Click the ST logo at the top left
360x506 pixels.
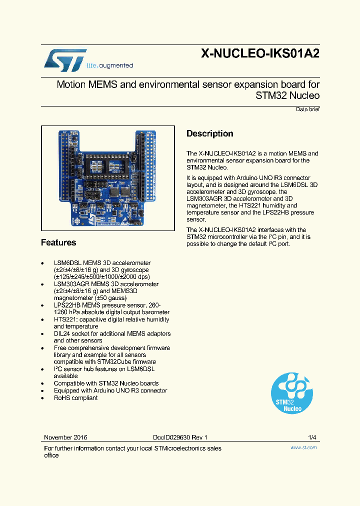coord(65,59)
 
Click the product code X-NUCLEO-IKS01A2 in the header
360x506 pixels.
coord(260,54)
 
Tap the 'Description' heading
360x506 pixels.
coord(209,133)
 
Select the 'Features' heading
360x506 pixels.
coord(58,242)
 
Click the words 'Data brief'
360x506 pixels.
coord(307,109)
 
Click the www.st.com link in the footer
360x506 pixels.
coord(303,447)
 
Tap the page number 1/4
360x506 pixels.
coord(312,437)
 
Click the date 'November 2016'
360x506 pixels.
coord(65,437)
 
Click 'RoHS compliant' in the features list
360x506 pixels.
coord(75,397)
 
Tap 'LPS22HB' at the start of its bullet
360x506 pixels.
coord(66,305)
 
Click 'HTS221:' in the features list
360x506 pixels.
coord(65,319)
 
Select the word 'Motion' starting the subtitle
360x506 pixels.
coord(71,84)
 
